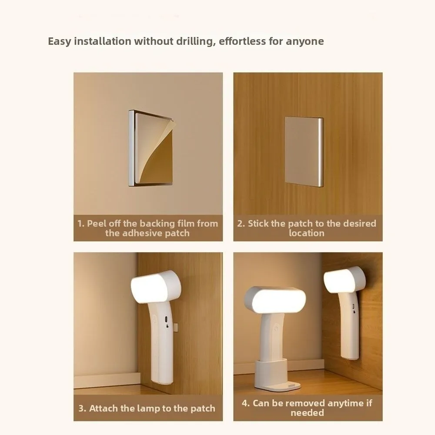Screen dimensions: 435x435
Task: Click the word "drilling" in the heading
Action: tap(196, 42)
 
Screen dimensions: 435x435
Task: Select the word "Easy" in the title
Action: tap(59, 42)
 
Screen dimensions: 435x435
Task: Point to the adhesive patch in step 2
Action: tap(304, 151)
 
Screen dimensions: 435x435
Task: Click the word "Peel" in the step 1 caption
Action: tap(97, 223)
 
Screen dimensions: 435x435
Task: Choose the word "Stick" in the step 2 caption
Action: tap(258, 223)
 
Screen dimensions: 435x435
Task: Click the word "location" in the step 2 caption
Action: tap(307, 233)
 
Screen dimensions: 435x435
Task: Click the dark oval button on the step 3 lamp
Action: tap(167, 319)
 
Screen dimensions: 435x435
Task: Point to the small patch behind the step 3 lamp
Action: tap(175, 327)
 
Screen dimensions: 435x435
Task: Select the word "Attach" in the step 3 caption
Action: tap(104, 408)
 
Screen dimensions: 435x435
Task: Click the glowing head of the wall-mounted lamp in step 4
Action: tap(345, 280)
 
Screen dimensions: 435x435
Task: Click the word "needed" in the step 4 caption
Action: tap(308, 413)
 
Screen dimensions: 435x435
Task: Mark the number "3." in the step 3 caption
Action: tap(82, 408)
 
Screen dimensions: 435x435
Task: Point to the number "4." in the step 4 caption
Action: tap(246, 403)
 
